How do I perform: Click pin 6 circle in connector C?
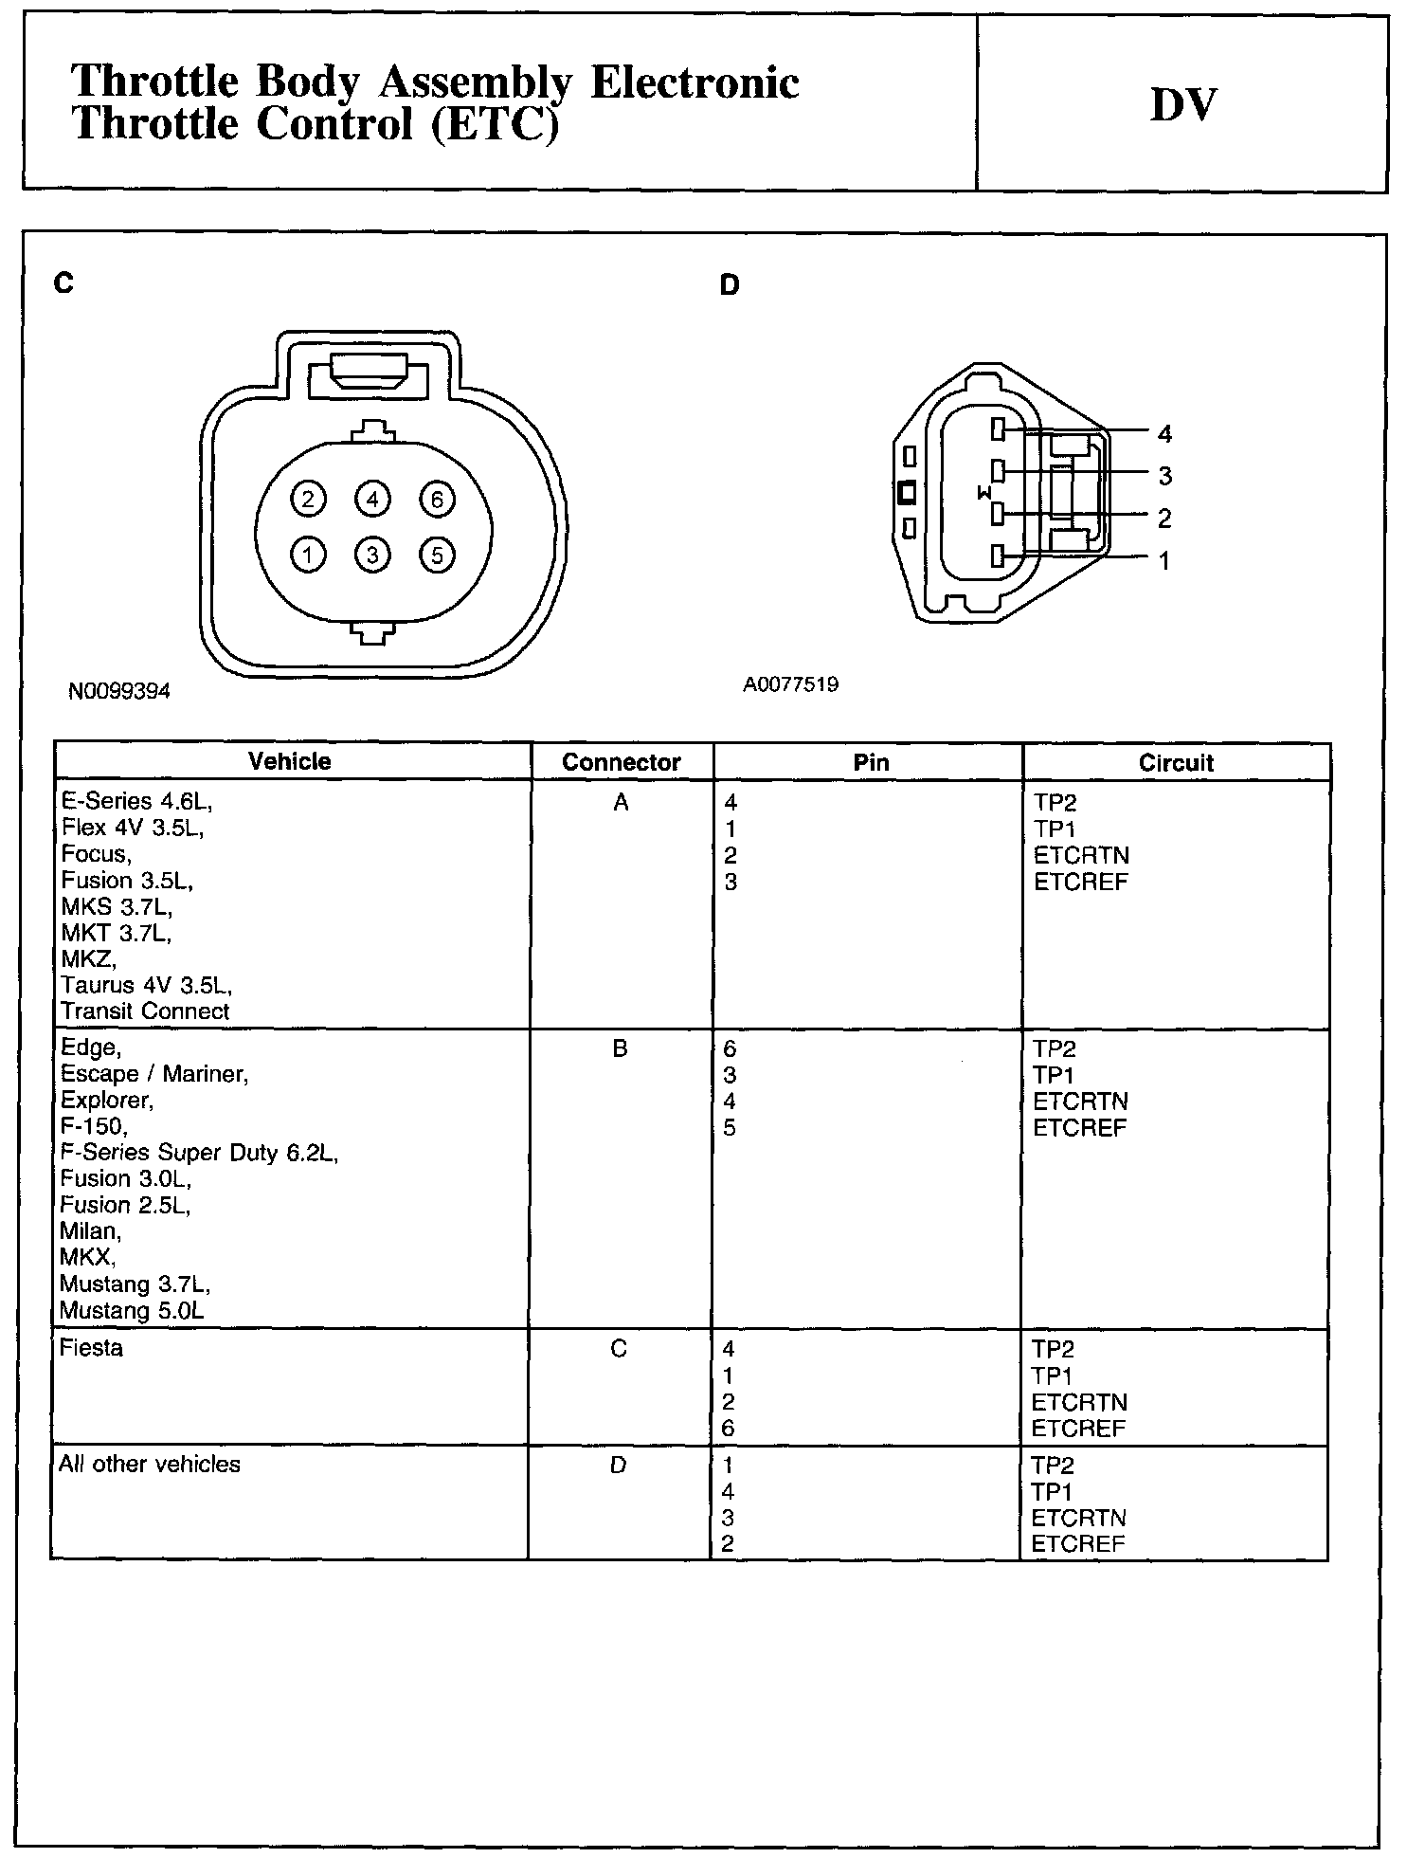click(x=438, y=500)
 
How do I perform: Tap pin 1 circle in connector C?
click(x=307, y=556)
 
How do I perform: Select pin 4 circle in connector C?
click(x=372, y=500)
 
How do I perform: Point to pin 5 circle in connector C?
click(x=437, y=556)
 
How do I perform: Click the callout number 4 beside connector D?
click(x=1165, y=434)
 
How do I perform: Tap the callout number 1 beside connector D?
click(x=1164, y=561)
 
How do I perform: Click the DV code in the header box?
click(x=1182, y=105)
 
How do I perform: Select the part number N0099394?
click(x=119, y=692)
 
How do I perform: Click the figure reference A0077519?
click(x=790, y=684)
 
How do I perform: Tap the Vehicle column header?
click(x=290, y=762)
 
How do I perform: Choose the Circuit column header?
click(x=1176, y=763)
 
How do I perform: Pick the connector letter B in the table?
click(x=621, y=1049)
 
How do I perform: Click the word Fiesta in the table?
click(x=91, y=1348)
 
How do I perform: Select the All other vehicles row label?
click(x=150, y=1465)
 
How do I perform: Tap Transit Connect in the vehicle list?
click(x=145, y=1011)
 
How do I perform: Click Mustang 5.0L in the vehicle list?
click(x=131, y=1311)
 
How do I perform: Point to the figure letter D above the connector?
click(x=730, y=285)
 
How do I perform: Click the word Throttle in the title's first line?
click(x=154, y=82)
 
